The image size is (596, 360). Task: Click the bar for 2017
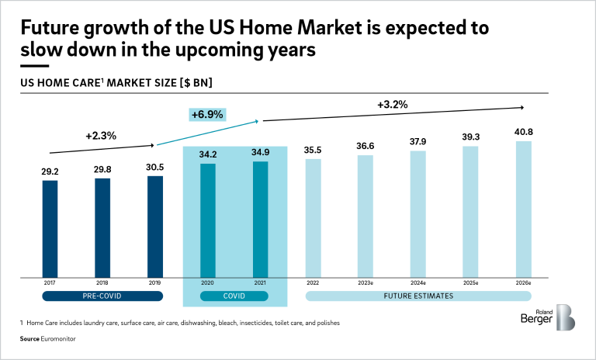click(x=50, y=229)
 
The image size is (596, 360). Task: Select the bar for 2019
click(x=155, y=227)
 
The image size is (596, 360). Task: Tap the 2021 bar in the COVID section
click(x=261, y=219)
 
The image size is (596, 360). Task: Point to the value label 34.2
click(x=207, y=154)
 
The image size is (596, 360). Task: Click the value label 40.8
click(x=523, y=132)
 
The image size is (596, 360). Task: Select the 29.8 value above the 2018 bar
click(x=102, y=169)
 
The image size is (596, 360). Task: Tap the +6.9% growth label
click(x=207, y=114)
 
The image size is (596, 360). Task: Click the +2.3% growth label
click(x=101, y=135)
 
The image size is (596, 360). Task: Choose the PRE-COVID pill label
click(x=102, y=296)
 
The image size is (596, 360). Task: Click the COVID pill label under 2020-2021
click(x=234, y=296)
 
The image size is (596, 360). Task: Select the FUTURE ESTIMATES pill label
click(x=418, y=296)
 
